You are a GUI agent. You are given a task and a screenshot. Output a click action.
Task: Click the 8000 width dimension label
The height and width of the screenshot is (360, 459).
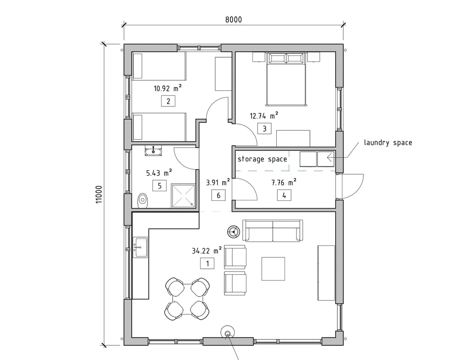coord(234,20)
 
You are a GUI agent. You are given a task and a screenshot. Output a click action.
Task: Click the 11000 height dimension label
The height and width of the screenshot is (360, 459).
coord(99,194)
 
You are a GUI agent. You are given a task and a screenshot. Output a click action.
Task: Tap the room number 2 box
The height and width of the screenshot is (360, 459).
coord(168,101)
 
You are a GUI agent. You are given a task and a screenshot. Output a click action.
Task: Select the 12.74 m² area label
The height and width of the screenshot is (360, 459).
coord(264,116)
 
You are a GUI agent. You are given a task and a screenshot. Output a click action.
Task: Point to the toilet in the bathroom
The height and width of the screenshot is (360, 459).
coord(143,200)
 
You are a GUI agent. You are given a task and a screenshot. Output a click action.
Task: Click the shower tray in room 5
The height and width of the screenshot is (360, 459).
coord(183,196)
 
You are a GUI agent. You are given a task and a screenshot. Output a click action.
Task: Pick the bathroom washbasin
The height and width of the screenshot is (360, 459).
coord(153,151)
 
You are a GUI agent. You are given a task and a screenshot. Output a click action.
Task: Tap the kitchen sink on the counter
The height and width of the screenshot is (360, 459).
coord(140,247)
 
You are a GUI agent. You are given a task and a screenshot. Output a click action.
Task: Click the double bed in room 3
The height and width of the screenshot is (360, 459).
coord(287,79)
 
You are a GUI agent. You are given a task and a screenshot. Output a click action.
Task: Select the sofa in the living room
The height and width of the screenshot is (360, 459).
coord(273,231)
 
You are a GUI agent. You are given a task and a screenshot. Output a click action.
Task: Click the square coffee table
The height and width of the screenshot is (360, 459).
coord(273,269)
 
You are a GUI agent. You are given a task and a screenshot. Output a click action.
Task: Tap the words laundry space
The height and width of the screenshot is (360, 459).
coord(388,143)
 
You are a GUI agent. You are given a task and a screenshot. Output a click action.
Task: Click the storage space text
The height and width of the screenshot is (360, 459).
coord(262,159)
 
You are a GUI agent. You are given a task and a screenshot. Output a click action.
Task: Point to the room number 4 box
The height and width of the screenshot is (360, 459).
coord(284,195)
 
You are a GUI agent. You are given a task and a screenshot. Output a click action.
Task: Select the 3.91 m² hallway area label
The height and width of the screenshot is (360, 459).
coord(218,183)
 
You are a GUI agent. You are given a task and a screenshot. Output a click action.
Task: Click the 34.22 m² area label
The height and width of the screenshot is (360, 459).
coord(207,250)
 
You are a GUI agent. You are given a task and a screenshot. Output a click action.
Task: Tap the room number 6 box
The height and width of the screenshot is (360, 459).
coord(218,195)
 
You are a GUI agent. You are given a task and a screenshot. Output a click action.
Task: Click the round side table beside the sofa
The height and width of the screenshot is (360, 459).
coord(234,232)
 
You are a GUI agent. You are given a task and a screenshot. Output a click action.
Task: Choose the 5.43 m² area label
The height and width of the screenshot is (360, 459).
coord(159,172)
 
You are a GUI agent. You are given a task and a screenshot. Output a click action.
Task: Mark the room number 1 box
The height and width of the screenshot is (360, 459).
coord(207,264)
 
